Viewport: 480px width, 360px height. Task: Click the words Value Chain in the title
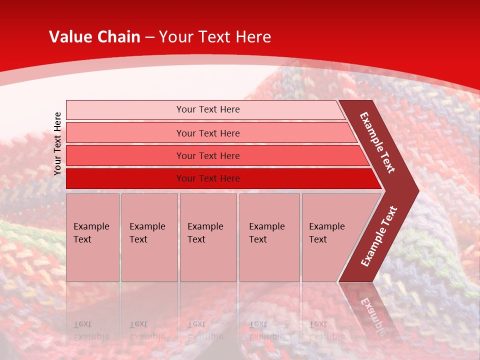tap(94, 37)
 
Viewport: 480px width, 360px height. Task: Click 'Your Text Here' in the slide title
tap(215, 37)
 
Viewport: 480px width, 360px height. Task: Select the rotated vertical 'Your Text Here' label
tap(57, 143)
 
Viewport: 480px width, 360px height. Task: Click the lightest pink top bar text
tap(208, 109)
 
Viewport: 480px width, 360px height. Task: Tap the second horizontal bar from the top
tap(208, 133)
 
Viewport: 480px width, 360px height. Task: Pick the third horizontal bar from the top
tap(208, 155)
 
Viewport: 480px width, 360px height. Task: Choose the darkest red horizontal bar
tap(208, 178)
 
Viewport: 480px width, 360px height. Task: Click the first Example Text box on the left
tap(92, 237)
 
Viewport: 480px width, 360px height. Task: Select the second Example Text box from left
tap(149, 237)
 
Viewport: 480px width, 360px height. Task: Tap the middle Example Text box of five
tap(208, 237)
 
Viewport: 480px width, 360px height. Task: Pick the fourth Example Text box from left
tap(269, 237)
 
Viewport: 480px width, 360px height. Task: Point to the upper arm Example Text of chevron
tap(377, 142)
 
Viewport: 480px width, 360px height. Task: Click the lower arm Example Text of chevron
tap(379, 236)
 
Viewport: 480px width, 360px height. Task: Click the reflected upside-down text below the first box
tap(91, 330)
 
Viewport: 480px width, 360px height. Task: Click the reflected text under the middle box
tap(205, 330)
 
